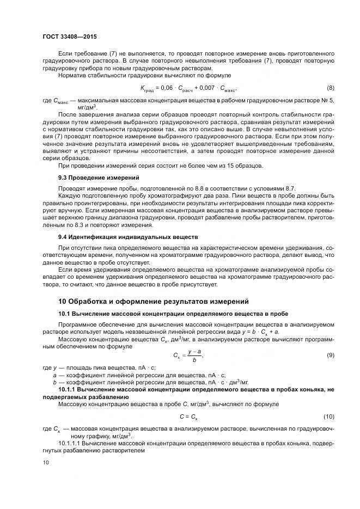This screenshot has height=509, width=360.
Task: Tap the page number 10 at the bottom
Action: [46, 462]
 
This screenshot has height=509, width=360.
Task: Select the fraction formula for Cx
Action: [188, 355]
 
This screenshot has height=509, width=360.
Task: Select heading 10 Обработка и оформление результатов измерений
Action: [154, 301]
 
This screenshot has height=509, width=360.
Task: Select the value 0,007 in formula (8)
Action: [206, 88]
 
